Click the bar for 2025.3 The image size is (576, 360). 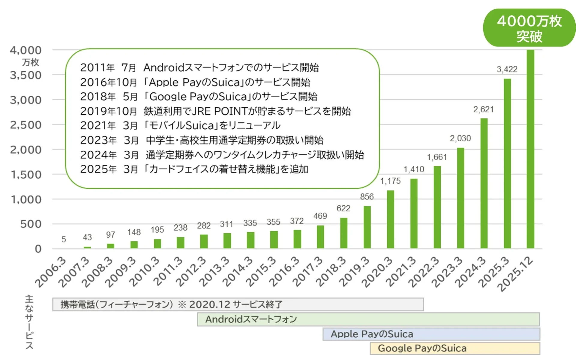click(507, 163)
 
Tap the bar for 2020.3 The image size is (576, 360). click(390, 219)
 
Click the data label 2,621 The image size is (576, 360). click(483, 109)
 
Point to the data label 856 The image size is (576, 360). click(367, 197)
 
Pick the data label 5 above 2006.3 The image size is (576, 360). click(64, 239)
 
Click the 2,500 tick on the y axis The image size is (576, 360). click(26, 125)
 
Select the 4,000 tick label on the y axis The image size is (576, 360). click(26, 50)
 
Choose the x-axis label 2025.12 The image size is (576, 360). click(515, 274)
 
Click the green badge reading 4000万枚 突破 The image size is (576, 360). click(529, 28)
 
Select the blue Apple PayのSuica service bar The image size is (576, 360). click(431, 334)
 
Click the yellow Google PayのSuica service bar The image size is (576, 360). click(454, 348)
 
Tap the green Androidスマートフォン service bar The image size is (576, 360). click(368, 319)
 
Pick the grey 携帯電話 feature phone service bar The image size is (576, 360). click(238, 304)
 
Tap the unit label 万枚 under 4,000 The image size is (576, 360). click(30, 62)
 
